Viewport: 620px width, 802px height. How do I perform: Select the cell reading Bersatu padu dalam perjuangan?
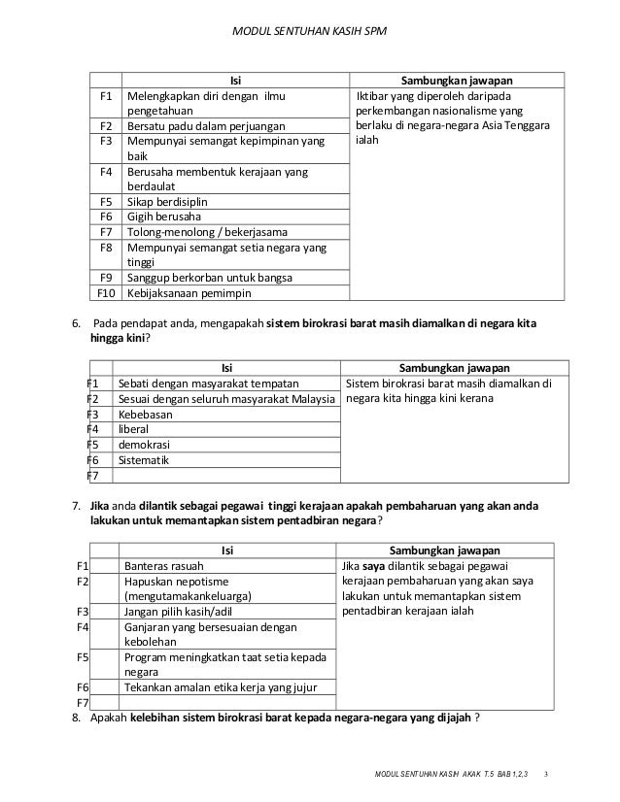tap(210, 126)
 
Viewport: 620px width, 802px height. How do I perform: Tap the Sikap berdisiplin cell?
tap(166, 202)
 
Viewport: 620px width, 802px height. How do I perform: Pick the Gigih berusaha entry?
tap(161, 217)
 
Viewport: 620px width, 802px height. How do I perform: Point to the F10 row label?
tap(107, 292)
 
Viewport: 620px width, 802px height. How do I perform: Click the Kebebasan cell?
tap(146, 414)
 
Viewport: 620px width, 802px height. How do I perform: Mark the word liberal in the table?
tap(135, 428)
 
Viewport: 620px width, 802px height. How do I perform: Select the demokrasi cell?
tap(144, 444)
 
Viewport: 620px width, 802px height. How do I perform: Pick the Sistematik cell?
tap(144, 459)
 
